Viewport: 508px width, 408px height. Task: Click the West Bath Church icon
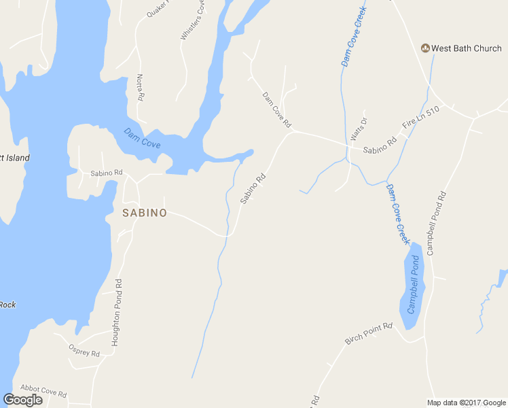(x=425, y=48)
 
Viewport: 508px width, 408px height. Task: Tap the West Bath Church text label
(x=467, y=48)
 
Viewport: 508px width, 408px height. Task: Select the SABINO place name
(x=144, y=213)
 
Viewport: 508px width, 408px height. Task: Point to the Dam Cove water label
(x=142, y=139)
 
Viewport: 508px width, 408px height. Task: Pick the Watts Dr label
(x=358, y=129)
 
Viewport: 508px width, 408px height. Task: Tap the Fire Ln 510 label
(x=421, y=118)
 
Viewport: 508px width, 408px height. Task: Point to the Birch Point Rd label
(x=369, y=334)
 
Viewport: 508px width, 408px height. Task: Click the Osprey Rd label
(x=84, y=350)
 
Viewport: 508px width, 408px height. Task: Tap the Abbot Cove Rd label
(x=43, y=390)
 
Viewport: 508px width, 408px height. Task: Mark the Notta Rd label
(x=140, y=88)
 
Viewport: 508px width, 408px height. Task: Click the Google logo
(x=22, y=400)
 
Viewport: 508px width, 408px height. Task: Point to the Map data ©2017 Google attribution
(x=465, y=403)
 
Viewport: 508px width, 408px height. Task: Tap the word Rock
(x=7, y=305)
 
